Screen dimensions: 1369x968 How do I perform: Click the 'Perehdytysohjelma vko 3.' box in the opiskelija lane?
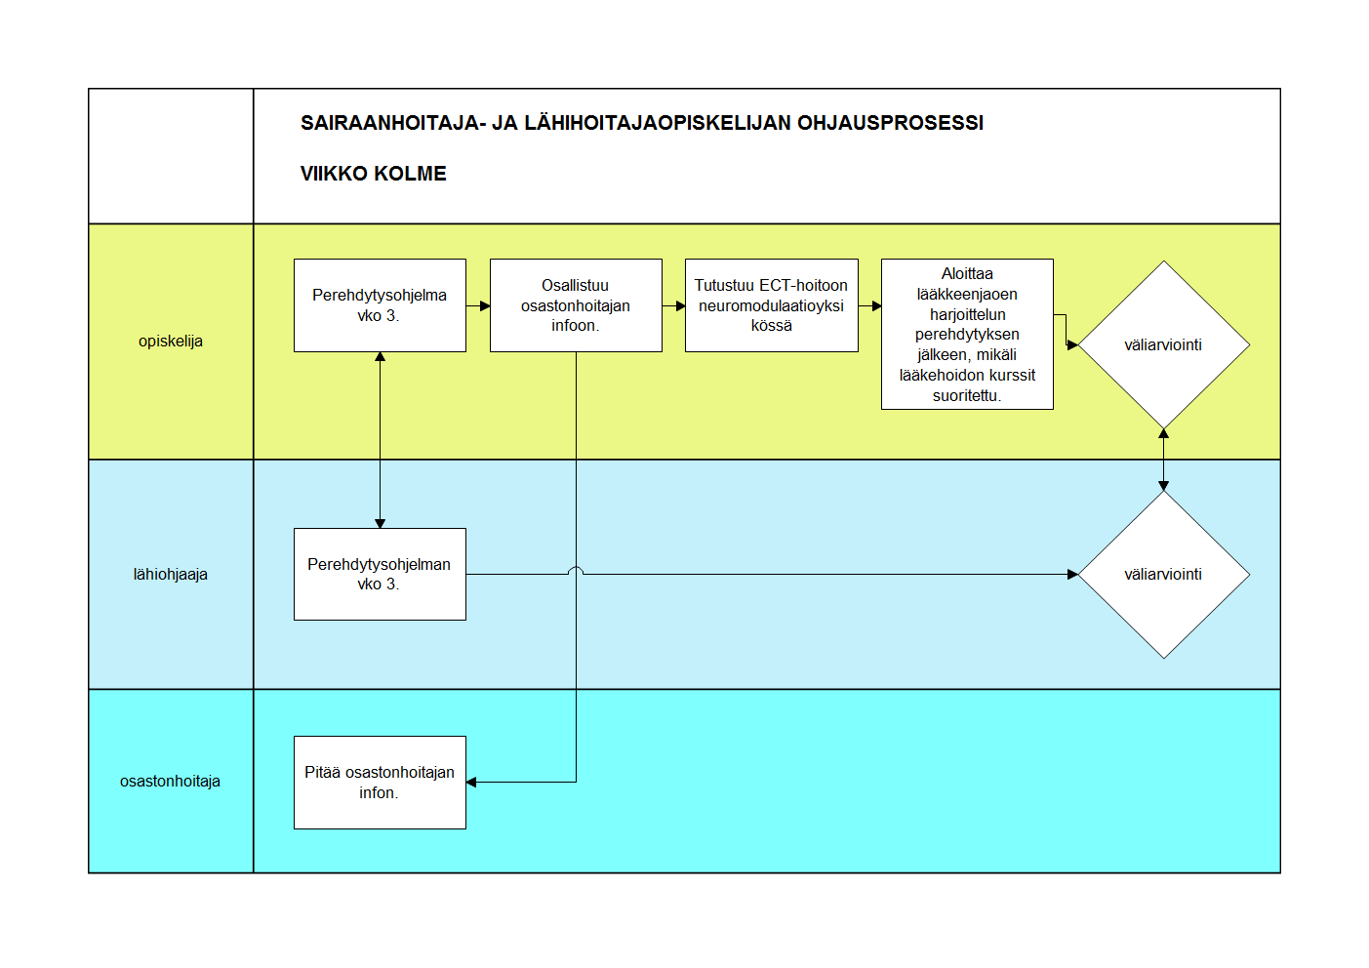click(x=380, y=305)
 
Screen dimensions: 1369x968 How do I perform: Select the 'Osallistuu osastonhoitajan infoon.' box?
click(x=576, y=305)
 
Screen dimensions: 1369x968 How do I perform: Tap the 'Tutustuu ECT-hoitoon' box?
click(x=771, y=305)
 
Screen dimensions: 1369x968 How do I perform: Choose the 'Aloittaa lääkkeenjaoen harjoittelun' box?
click(x=967, y=335)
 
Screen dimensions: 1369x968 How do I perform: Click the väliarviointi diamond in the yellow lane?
click(x=1164, y=344)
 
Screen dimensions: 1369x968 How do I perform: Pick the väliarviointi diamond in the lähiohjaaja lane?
click(x=1164, y=575)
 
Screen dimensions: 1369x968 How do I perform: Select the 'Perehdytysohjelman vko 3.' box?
click(x=380, y=575)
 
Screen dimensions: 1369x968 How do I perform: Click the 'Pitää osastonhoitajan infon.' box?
click(x=380, y=783)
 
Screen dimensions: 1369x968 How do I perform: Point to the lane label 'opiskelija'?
click(x=171, y=341)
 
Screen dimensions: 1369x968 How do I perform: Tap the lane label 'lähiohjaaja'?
click(x=171, y=575)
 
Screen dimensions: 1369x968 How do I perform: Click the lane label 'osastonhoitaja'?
click(x=170, y=781)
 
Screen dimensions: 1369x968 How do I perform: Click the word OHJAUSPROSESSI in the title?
click(x=891, y=123)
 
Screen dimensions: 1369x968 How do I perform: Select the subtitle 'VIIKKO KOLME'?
click(x=374, y=174)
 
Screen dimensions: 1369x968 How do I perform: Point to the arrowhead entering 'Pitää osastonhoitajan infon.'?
click(x=471, y=783)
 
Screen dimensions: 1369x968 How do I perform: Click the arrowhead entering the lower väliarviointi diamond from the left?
click(x=1072, y=575)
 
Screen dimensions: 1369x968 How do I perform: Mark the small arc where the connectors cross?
click(x=576, y=571)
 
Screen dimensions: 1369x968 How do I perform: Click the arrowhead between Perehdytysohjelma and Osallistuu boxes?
click(x=485, y=305)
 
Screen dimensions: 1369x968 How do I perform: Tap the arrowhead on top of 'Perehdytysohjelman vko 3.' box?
click(x=380, y=524)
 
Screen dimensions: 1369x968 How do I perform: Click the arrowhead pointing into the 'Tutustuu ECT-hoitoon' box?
click(x=680, y=305)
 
